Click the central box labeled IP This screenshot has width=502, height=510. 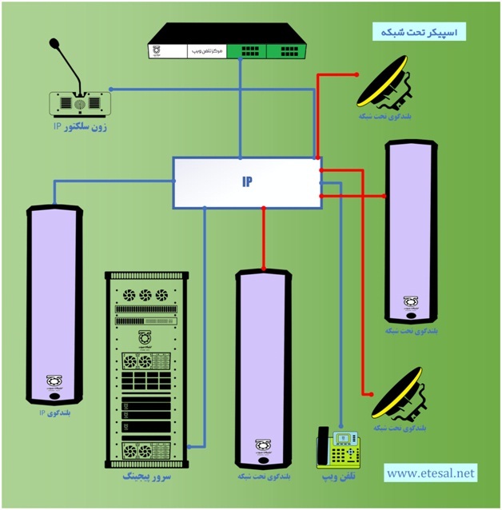tap(246, 182)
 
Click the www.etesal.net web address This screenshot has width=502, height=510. tap(430, 472)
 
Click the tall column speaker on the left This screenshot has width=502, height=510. tap(54, 304)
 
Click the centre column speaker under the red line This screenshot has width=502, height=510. tap(264, 368)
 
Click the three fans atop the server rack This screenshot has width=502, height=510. tap(145, 295)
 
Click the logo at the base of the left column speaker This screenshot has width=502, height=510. tap(54, 381)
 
